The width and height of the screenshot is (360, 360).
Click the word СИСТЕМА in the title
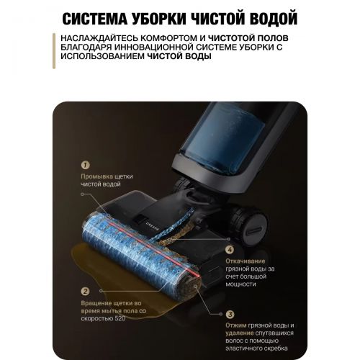coord(95,19)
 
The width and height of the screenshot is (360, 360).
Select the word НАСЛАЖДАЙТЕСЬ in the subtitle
coord(99,38)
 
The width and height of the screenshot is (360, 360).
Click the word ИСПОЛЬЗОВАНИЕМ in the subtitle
coord(102,56)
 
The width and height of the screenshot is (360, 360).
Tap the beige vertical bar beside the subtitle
coord(54,51)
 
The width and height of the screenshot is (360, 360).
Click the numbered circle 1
coord(85,165)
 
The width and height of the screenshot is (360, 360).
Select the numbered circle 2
coord(85,292)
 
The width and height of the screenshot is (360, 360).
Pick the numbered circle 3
coord(230,314)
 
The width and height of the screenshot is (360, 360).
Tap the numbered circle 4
coord(230,250)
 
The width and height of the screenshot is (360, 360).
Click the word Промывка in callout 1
coord(96,176)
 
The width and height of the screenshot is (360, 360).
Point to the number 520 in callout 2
coord(120,319)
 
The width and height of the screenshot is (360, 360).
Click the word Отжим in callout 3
coord(236,325)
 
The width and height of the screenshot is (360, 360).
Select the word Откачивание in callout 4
coord(246,261)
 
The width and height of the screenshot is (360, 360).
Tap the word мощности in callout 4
coord(240,284)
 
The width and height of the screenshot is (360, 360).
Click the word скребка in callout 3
coord(276,348)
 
